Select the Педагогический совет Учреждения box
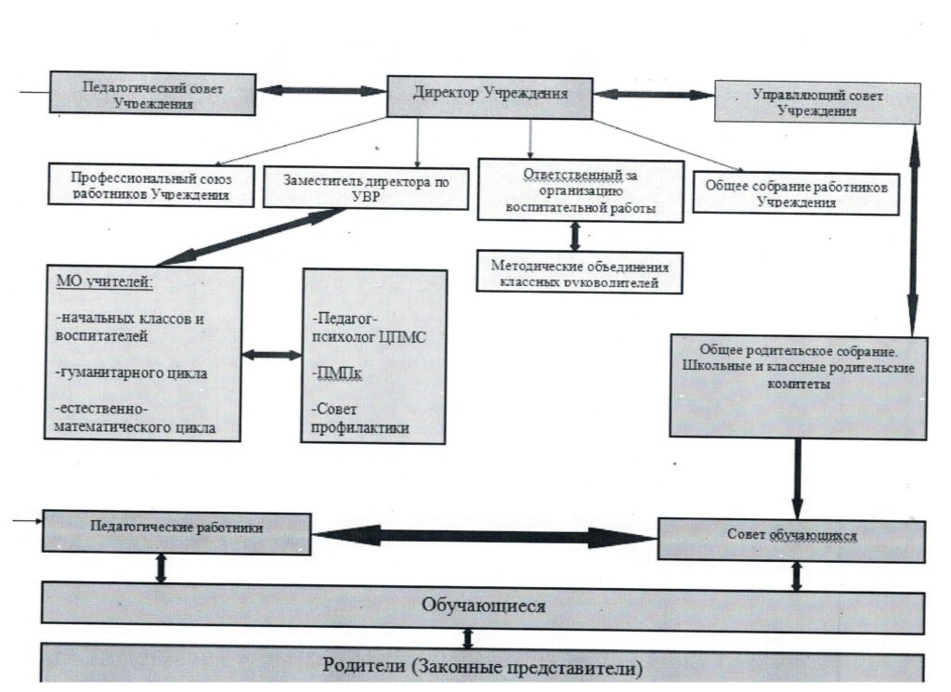153,94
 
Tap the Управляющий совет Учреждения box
817,101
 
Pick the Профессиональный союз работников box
150,184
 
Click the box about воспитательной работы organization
580,189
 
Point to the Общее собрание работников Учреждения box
796,192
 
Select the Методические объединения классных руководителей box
580,271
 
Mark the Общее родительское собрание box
798,385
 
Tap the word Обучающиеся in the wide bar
483,606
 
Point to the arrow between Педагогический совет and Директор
319,91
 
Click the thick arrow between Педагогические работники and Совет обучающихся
483,536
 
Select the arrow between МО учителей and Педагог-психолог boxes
272,355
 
